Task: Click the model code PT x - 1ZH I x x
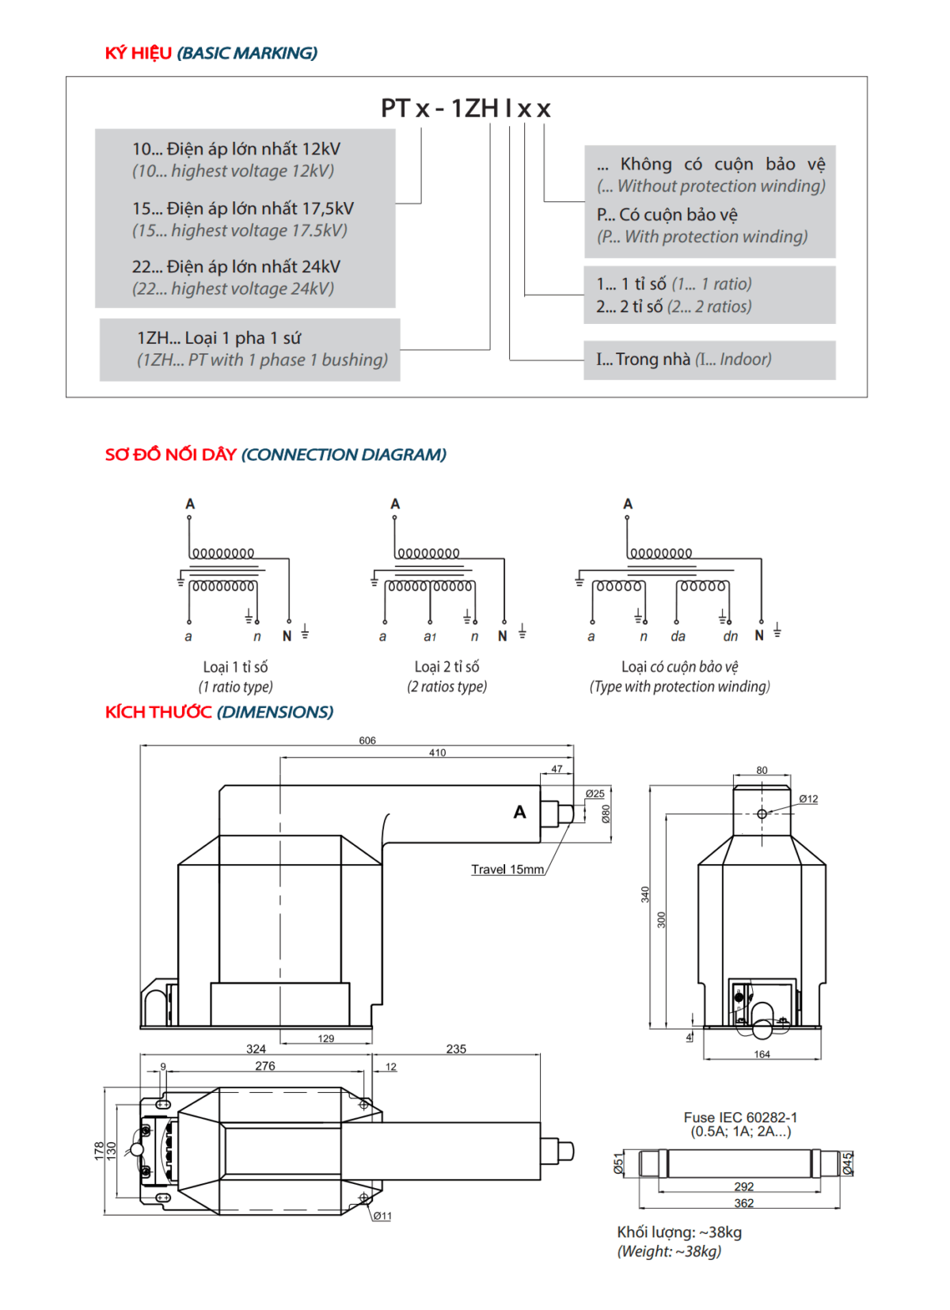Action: (x=465, y=109)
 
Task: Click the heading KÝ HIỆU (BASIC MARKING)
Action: (x=211, y=53)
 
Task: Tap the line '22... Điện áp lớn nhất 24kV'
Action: (x=236, y=267)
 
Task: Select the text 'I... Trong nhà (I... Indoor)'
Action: (x=683, y=360)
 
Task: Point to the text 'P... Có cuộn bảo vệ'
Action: (x=667, y=215)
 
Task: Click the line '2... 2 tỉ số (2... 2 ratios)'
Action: (x=674, y=307)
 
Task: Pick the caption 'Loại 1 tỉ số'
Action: (x=235, y=667)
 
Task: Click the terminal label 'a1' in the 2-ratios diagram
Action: (x=430, y=637)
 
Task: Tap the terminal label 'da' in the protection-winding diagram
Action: (x=678, y=637)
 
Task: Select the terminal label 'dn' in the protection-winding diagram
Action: (x=730, y=637)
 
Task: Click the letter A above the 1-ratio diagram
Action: (x=190, y=504)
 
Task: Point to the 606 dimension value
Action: (x=367, y=741)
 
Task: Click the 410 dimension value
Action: (x=437, y=752)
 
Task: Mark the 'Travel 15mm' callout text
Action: (x=507, y=870)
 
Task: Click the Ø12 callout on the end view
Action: (x=808, y=799)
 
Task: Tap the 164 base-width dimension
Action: (x=762, y=1054)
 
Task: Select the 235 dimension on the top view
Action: (x=456, y=1049)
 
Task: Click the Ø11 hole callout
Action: (x=382, y=1216)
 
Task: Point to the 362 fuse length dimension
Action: (x=743, y=1203)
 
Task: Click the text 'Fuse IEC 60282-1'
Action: (x=740, y=1118)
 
